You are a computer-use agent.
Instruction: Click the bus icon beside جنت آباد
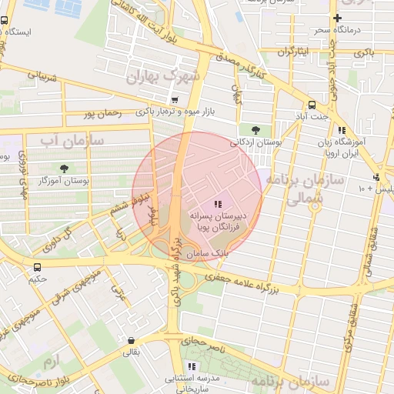(x=312, y=105)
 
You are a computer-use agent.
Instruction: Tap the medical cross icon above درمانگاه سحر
(x=337, y=18)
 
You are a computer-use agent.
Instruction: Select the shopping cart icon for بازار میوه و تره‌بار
(x=175, y=99)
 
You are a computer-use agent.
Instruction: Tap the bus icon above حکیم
(x=38, y=266)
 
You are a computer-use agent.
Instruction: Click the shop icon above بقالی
(x=132, y=341)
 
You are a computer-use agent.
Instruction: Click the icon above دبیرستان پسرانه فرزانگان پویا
(x=218, y=204)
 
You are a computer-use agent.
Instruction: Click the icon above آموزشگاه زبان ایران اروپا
(x=341, y=130)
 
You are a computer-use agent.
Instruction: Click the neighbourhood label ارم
(x=51, y=361)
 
